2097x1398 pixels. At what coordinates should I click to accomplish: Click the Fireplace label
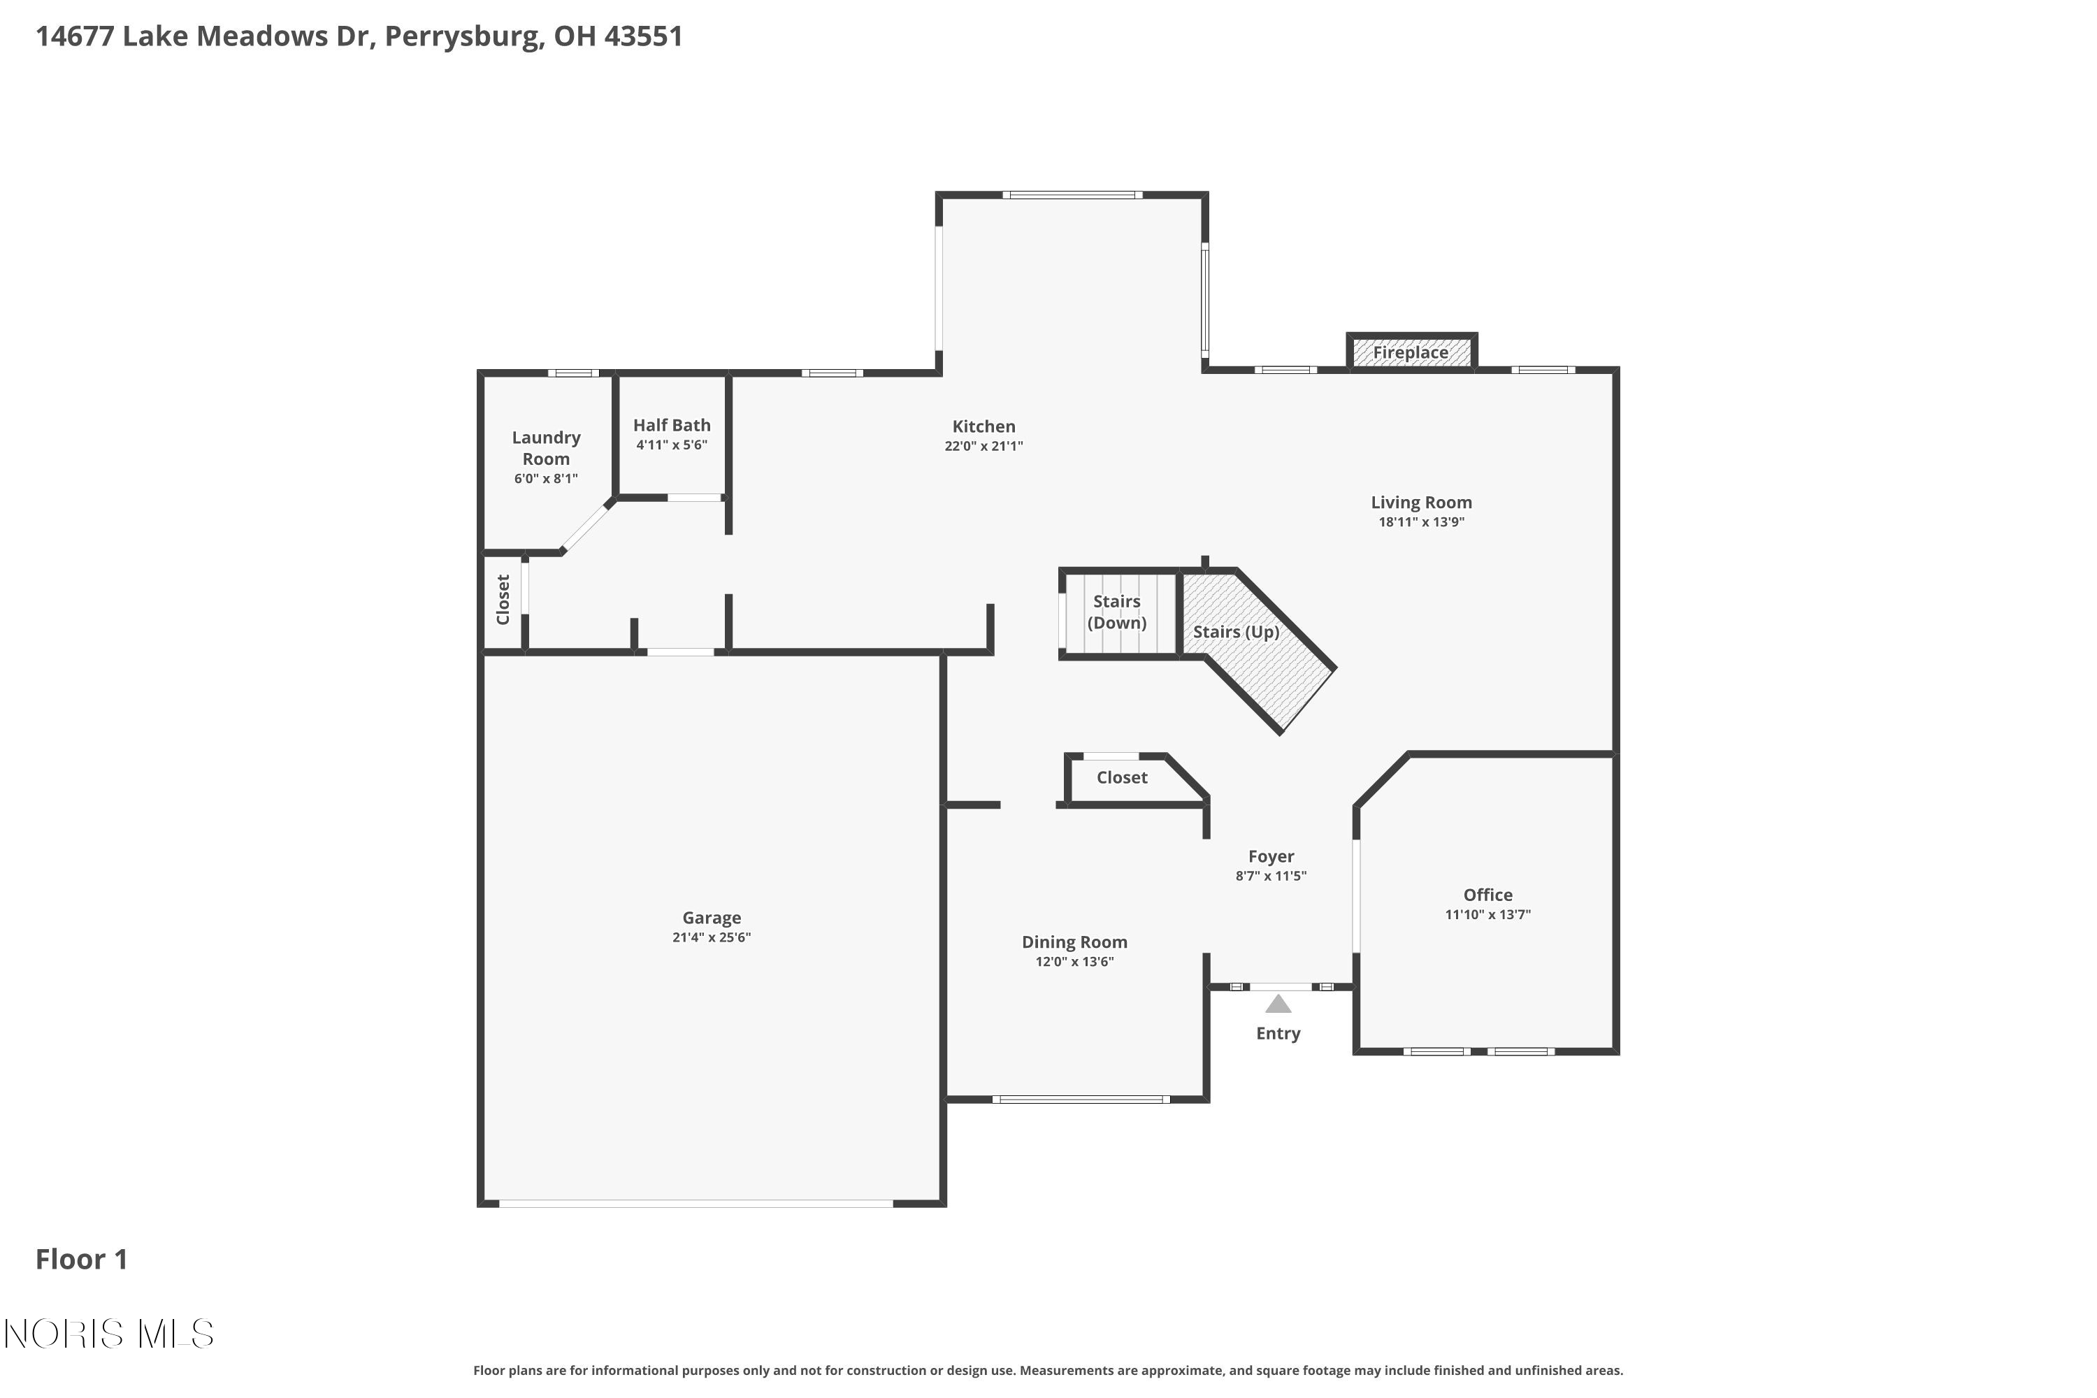(1410, 352)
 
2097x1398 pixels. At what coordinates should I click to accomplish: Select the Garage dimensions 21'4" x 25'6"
(711, 937)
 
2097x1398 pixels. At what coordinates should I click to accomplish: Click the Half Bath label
(671, 425)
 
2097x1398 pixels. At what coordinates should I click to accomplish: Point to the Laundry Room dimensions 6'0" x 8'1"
(546, 479)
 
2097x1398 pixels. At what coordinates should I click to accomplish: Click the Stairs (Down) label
(1116, 612)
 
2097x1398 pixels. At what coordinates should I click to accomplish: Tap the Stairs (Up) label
(1236, 631)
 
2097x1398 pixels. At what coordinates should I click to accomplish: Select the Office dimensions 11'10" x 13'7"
(1487, 914)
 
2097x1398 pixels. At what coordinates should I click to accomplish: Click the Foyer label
(1271, 856)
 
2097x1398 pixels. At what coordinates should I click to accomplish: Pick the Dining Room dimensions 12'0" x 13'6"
(1074, 961)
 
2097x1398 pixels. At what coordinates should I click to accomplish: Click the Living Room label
(1420, 502)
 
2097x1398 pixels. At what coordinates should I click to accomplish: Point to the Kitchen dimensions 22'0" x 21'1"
(983, 446)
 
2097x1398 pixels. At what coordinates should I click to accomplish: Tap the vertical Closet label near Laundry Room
(503, 599)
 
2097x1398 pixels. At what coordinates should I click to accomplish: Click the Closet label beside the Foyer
(1122, 777)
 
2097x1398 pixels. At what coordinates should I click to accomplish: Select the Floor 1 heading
(81, 1259)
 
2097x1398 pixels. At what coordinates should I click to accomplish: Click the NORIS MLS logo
(109, 1334)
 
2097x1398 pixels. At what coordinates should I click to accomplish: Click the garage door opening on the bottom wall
(696, 1203)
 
